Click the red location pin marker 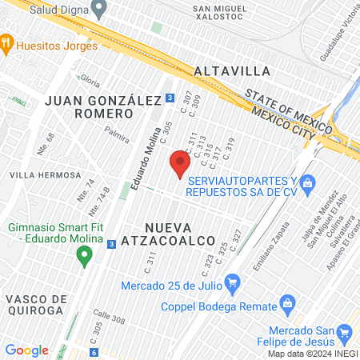180,164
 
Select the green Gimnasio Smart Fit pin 83,257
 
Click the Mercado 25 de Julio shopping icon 233,282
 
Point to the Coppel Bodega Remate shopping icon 288,304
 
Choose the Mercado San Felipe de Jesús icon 345,333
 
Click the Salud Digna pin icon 99,10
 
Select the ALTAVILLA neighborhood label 232,71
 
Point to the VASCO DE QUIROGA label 34,304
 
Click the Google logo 27,350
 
